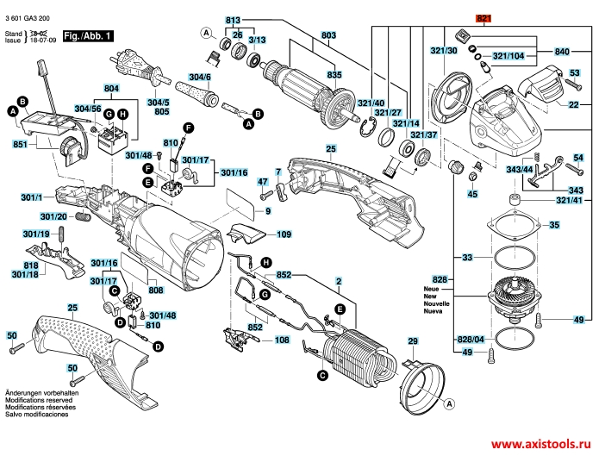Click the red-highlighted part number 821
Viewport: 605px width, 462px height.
(x=483, y=18)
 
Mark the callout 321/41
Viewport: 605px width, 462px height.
(x=569, y=200)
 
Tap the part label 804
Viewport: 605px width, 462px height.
(x=110, y=89)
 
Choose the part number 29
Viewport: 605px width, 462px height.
(x=412, y=342)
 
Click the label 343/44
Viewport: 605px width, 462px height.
(x=520, y=170)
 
